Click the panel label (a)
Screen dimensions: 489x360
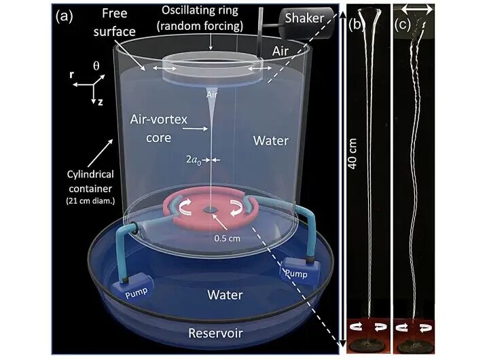(x=64, y=16)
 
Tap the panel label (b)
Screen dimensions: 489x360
(x=355, y=25)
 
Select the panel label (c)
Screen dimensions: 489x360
(x=402, y=25)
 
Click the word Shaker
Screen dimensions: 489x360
(x=304, y=18)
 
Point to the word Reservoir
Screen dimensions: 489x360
(x=215, y=334)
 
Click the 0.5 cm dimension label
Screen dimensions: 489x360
(x=227, y=238)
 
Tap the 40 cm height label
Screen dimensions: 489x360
(x=352, y=154)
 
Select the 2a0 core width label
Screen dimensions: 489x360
(x=194, y=160)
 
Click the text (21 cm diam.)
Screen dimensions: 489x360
(x=90, y=201)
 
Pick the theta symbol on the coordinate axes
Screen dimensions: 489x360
(x=96, y=66)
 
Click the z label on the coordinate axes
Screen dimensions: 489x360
(x=100, y=102)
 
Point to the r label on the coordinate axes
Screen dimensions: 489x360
(x=72, y=75)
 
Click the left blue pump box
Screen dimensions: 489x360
(x=134, y=286)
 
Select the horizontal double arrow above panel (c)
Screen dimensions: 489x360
(x=416, y=10)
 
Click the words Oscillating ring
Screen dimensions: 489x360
(x=200, y=11)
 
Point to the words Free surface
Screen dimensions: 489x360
(x=115, y=22)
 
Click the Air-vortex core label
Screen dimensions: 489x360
(x=159, y=128)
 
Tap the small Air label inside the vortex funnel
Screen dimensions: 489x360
(x=212, y=94)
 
